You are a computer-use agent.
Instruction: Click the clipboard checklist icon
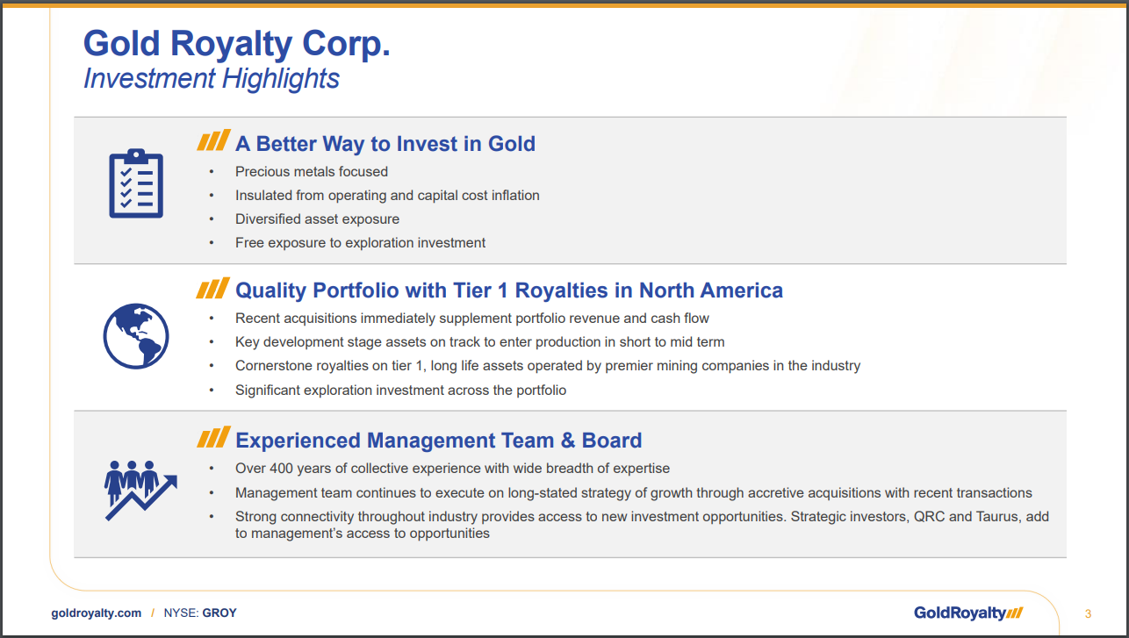[136, 183]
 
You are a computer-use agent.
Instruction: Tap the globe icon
[136, 336]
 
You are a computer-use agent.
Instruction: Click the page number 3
[1088, 613]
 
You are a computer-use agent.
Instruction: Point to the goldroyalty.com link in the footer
[97, 613]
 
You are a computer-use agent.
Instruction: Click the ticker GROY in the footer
[219, 613]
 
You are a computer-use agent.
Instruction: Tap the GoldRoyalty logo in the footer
[968, 613]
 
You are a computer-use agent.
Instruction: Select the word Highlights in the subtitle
[281, 79]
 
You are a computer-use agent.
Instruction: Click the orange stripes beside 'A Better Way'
[213, 140]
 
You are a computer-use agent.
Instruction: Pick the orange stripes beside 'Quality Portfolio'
[212, 288]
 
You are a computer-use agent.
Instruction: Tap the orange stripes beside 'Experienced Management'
[213, 437]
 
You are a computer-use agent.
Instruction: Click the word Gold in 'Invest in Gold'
[512, 144]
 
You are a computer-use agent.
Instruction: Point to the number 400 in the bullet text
[281, 468]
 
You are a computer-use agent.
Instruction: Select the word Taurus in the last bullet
[997, 517]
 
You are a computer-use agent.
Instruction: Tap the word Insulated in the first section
[263, 195]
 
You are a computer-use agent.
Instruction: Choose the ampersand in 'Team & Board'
[568, 441]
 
